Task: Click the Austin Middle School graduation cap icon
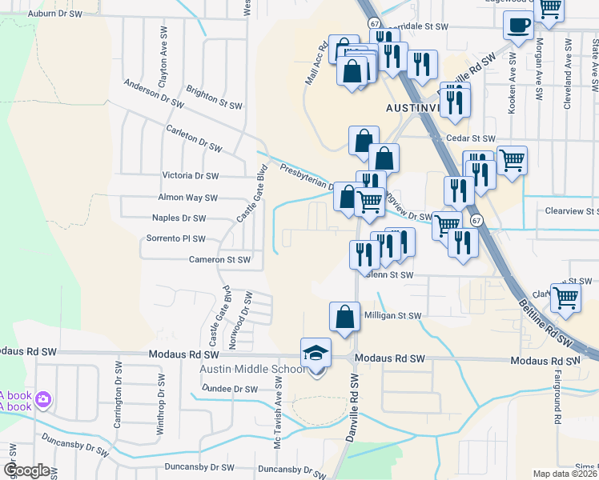click(316, 352)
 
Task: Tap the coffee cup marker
click(518, 25)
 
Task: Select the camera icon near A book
click(43, 398)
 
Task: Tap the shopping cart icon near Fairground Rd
click(566, 297)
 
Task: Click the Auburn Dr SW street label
click(54, 14)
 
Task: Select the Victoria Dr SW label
click(191, 175)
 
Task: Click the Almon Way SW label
click(188, 198)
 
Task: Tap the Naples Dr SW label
click(179, 218)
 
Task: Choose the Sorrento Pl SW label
click(176, 238)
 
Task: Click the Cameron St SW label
click(220, 259)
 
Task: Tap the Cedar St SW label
click(472, 138)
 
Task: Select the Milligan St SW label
click(393, 316)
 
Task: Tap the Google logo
click(26, 470)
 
